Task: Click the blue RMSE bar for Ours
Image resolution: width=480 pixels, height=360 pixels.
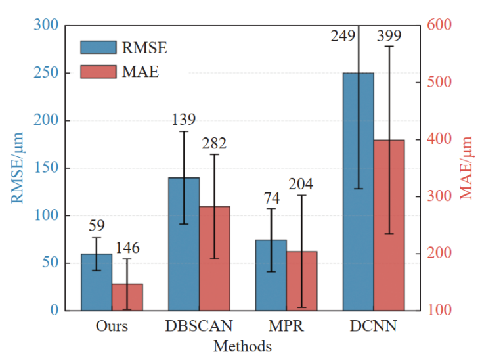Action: click(x=97, y=282)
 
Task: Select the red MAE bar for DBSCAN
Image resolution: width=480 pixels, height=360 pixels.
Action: click(x=215, y=259)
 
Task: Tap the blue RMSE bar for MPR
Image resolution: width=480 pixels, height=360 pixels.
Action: click(x=271, y=275)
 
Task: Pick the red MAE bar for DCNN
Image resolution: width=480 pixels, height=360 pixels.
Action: click(x=389, y=225)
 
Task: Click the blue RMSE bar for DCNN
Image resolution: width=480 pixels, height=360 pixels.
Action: click(x=358, y=192)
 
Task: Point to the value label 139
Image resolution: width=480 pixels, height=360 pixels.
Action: click(x=184, y=119)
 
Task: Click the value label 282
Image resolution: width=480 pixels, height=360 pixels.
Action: click(x=214, y=143)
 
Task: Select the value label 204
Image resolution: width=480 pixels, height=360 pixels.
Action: click(x=301, y=184)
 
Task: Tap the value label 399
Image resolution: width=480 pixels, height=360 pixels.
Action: click(x=389, y=36)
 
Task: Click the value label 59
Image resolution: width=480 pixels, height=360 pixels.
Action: click(x=97, y=225)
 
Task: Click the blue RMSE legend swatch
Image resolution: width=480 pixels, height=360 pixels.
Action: click(x=98, y=47)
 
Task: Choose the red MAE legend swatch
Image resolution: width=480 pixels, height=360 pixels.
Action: click(x=98, y=72)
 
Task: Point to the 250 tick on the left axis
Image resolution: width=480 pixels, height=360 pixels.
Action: click(x=46, y=73)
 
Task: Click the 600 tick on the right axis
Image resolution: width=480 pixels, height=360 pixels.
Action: click(x=439, y=24)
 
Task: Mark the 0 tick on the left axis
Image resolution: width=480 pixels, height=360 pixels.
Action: click(x=55, y=310)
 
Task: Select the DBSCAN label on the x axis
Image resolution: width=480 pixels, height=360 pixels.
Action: click(x=199, y=326)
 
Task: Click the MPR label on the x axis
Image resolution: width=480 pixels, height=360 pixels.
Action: click(x=286, y=326)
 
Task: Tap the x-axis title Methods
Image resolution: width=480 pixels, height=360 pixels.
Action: click(x=242, y=346)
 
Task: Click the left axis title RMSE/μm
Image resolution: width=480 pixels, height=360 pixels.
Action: click(x=17, y=168)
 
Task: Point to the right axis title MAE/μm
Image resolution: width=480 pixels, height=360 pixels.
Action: click(x=466, y=168)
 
